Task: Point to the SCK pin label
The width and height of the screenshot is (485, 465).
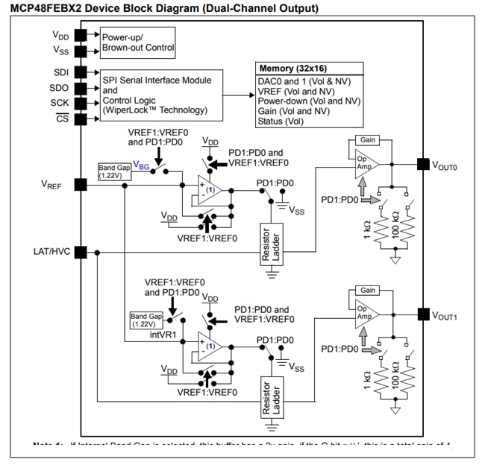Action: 60,103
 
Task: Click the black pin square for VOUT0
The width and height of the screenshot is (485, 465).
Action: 423,164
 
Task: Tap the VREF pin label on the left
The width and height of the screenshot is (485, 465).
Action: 51,185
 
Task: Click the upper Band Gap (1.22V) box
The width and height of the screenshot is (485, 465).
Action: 114,171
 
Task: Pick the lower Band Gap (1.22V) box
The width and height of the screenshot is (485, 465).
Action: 145,320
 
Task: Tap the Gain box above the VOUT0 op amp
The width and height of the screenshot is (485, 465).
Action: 367,140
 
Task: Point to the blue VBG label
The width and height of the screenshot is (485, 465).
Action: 140,164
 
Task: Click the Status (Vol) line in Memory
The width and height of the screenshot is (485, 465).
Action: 281,121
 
